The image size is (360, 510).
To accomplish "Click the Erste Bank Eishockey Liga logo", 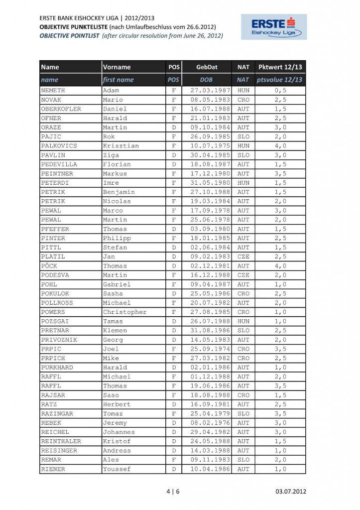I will (x=274, y=27).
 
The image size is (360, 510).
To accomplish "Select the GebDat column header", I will (x=206, y=67).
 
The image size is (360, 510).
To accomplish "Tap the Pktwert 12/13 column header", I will (x=280, y=67).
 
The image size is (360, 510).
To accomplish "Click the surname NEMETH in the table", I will (x=53, y=91).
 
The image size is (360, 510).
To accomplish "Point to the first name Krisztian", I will (x=121, y=146).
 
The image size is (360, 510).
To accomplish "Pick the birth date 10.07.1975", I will (x=206, y=146).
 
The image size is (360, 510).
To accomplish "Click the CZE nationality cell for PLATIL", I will (x=243, y=256).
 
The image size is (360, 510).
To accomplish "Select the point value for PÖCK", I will (x=280, y=266).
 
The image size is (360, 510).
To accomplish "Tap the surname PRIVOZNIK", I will (x=59, y=340).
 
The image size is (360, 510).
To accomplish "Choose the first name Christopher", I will (x=124, y=312).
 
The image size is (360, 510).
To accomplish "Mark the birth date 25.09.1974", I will (x=206, y=349).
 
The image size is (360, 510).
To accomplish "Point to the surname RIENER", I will (x=53, y=469).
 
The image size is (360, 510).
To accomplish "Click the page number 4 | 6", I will (x=173, y=492).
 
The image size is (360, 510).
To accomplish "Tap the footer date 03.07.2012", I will (x=291, y=492).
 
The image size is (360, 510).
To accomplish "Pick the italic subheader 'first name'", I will (x=118, y=80).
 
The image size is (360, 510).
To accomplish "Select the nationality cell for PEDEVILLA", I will (x=243, y=164).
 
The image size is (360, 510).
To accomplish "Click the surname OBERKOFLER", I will (x=61, y=109).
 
